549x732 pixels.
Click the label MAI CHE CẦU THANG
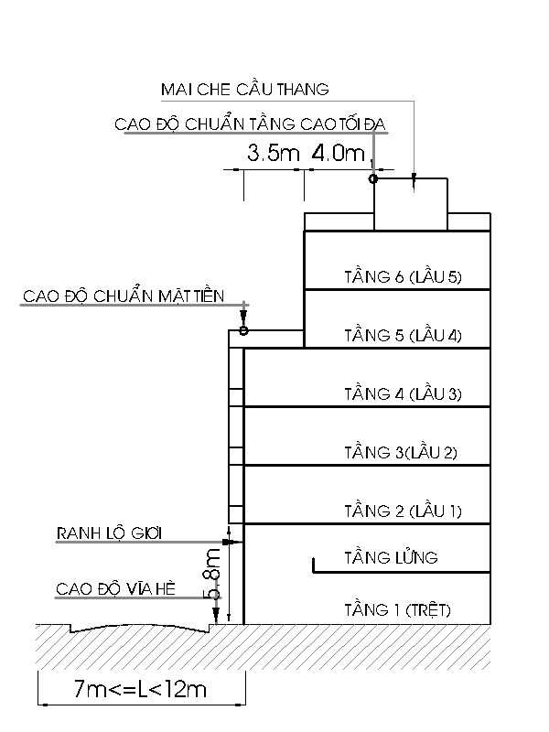pyautogui.click(x=245, y=89)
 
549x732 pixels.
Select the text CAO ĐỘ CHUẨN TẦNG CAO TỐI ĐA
pyautogui.click(x=250, y=124)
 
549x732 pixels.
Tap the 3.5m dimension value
pyautogui.click(x=273, y=153)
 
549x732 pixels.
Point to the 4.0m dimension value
pyautogui.click(x=338, y=153)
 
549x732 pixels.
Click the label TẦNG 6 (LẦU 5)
pyautogui.click(x=403, y=277)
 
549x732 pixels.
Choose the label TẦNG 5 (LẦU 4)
pyautogui.click(x=403, y=335)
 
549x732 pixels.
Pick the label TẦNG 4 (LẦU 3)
pyautogui.click(x=403, y=394)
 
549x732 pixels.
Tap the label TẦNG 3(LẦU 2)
pyautogui.click(x=401, y=452)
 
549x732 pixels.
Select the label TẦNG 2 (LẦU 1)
pyautogui.click(x=403, y=511)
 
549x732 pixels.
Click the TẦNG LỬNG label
pyautogui.click(x=392, y=557)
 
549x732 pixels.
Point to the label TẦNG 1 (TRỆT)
pyautogui.click(x=398, y=609)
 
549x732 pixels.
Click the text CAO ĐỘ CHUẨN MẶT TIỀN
pyautogui.click(x=124, y=296)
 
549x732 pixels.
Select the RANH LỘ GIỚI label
pyautogui.click(x=109, y=533)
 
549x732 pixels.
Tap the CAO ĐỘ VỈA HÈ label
pyautogui.click(x=116, y=588)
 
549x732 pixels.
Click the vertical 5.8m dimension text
pyautogui.click(x=212, y=574)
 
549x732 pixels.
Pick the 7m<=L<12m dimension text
pyautogui.click(x=140, y=689)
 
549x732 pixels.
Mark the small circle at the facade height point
pyautogui.click(x=243, y=330)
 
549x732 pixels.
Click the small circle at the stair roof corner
pyautogui.click(x=373, y=178)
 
